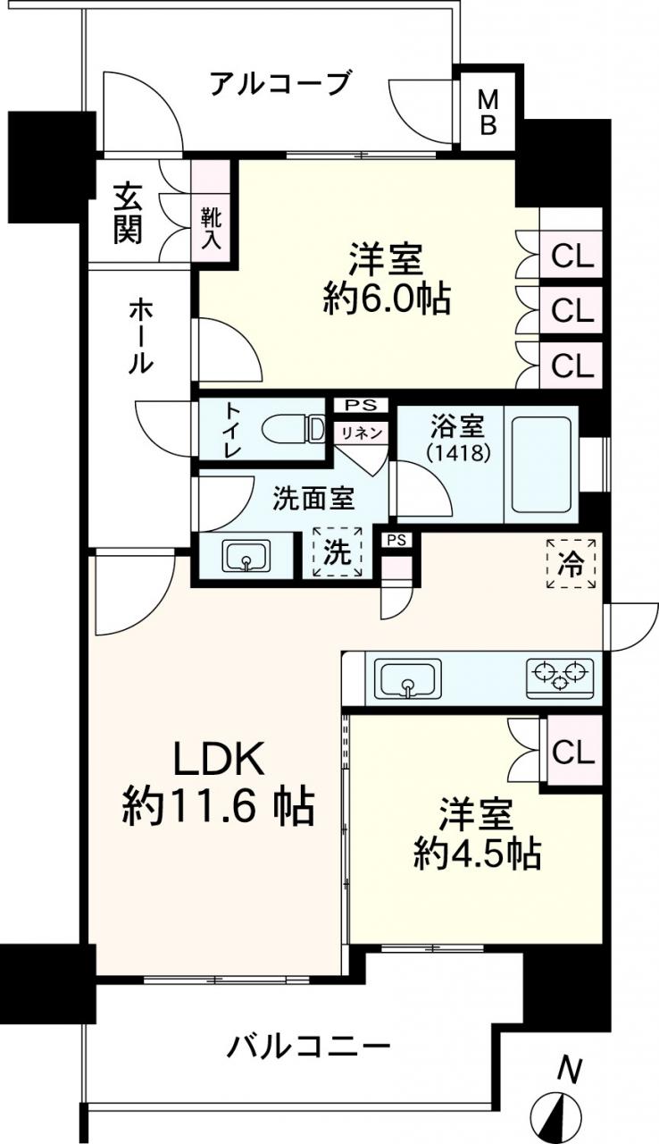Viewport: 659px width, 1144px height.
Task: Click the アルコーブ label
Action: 280,84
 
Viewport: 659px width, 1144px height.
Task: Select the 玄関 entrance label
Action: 128,214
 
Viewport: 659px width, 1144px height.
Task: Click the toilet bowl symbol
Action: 295,429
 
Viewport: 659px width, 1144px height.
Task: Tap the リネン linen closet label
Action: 362,433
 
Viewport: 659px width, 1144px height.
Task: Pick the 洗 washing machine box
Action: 338,552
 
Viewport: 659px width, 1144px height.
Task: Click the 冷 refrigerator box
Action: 571,563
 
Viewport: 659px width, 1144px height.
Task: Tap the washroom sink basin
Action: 246,557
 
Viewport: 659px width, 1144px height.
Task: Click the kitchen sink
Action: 407,678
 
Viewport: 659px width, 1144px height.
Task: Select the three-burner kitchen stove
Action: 560,678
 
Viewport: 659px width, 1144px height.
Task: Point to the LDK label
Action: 220,761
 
